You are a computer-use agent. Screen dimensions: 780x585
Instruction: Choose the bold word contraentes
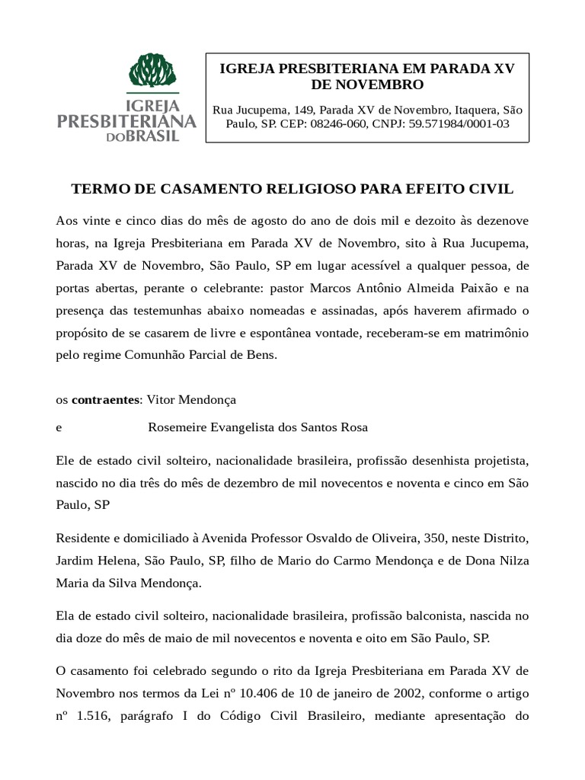coord(106,398)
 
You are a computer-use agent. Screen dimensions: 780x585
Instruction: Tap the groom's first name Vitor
coord(161,398)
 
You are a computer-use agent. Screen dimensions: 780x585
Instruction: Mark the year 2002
coord(378,693)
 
